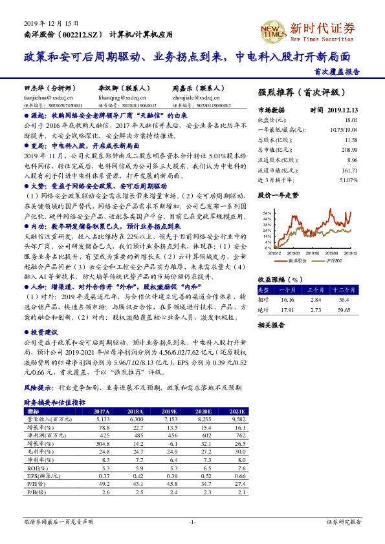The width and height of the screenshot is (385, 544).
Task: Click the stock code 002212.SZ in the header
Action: [82, 33]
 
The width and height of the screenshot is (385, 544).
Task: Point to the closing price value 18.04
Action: [351, 120]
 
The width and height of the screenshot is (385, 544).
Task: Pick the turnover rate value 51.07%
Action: [347, 179]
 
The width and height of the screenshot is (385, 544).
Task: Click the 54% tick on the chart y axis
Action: [267, 212]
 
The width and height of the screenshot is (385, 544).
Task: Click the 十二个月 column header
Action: [342, 290]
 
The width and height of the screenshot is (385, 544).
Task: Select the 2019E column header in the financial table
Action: [171, 411]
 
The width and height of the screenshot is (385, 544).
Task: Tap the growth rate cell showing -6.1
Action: [171, 443]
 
